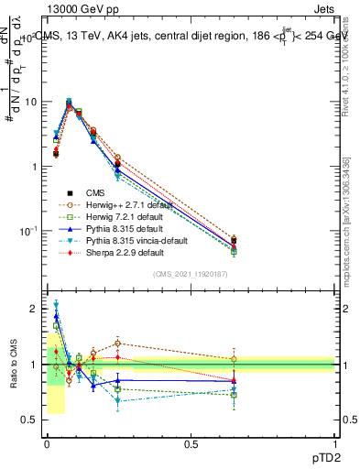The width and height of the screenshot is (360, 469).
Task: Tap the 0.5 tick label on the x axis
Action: click(x=191, y=442)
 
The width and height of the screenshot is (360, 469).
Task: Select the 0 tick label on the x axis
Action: click(x=46, y=442)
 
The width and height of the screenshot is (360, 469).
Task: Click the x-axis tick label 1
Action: click(x=334, y=442)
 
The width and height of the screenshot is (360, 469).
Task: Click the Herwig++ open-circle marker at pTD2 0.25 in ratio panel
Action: click(x=118, y=344)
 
